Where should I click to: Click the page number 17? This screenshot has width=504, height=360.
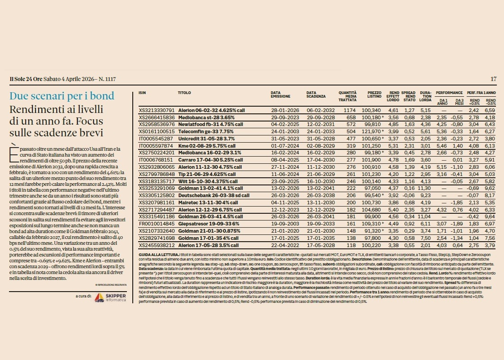(494, 79)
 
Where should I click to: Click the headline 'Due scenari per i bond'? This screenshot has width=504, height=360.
(62, 96)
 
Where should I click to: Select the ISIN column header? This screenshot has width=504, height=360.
(142, 92)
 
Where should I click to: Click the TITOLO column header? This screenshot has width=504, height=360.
(184, 92)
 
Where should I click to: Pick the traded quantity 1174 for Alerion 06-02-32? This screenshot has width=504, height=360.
(350, 110)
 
